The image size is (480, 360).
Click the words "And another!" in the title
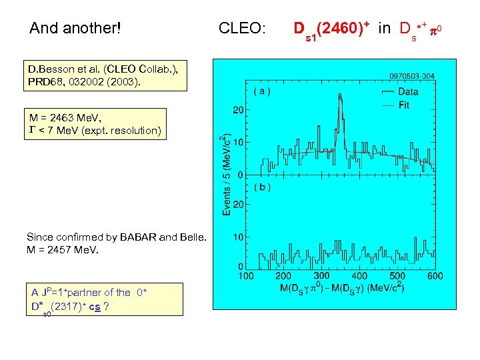click(x=75, y=29)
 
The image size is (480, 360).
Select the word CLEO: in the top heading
click(x=242, y=29)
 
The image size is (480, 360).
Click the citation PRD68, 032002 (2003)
click(x=84, y=81)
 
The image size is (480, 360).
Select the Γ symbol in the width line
click(x=31, y=131)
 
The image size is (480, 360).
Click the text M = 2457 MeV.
click(x=63, y=250)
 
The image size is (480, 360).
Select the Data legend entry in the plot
click(x=408, y=92)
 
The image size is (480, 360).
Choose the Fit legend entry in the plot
click(x=403, y=105)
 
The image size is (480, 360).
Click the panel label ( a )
click(x=261, y=91)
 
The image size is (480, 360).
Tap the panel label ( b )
click(x=261, y=187)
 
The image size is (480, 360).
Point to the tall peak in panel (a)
click(x=340, y=100)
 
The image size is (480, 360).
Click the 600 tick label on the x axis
click(x=434, y=277)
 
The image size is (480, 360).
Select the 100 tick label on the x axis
click(x=245, y=277)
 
